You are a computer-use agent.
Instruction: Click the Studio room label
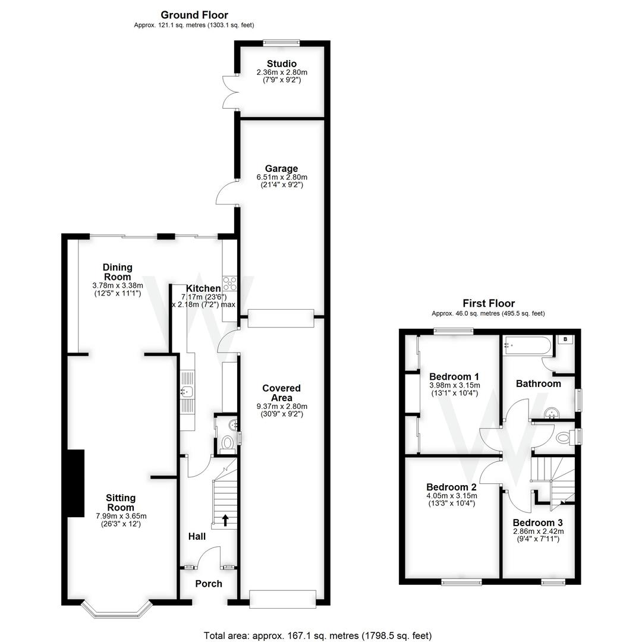point(282,64)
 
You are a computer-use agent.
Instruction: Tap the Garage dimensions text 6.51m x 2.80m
point(282,177)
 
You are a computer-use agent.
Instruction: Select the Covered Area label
point(282,393)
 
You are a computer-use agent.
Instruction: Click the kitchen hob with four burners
point(229,283)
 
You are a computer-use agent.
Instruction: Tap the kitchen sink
point(187,391)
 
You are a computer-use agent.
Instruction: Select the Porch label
point(209,584)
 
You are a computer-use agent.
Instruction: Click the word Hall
point(197,537)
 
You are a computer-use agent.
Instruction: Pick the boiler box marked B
point(565,339)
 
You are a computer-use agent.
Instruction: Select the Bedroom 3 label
point(538,523)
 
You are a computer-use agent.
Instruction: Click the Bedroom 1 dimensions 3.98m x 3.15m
point(454,385)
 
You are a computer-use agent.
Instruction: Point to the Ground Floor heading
point(194,15)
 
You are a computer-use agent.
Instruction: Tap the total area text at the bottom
point(317,635)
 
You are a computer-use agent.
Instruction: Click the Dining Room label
point(117,272)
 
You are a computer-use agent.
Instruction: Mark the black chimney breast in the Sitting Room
point(75,483)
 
